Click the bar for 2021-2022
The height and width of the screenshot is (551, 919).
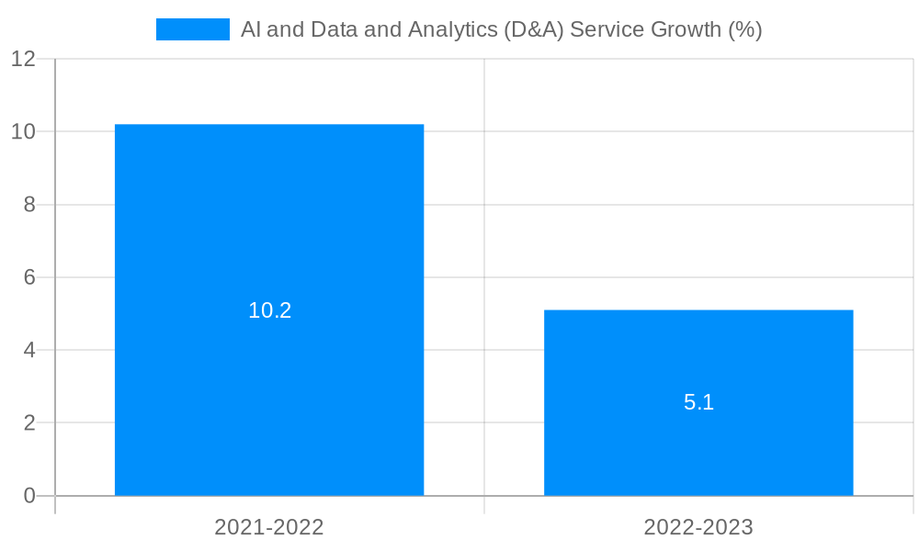pyautogui.click(x=269, y=230)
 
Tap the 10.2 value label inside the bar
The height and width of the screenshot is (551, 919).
pyautogui.click(x=269, y=310)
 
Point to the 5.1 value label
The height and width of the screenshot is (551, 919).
pyautogui.click(x=698, y=402)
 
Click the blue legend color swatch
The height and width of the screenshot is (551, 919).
pyautogui.click(x=192, y=29)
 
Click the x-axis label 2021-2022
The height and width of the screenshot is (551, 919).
pyautogui.click(x=269, y=527)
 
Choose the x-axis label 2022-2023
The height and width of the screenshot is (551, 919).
pyautogui.click(x=698, y=527)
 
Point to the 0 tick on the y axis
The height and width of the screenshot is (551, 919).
pyautogui.click(x=29, y=496)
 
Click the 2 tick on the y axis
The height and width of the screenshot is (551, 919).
pyautogui.click(x=29, y=423)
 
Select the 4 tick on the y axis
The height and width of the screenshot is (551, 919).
pyautogui.click(x=29, y=350)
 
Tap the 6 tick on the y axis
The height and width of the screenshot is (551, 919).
pyautogui.click(x=29, y=277)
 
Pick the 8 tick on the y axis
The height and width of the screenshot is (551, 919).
pyautogui.click(x=29, y=205)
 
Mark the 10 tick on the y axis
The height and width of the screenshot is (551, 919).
pyautogui.click(x=23, y=131)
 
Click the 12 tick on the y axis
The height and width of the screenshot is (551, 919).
pyautogui.click(x=23, y=59)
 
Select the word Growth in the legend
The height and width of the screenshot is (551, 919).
pyautogui.click(x=686, y=29)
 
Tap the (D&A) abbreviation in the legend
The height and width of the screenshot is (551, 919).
pyautogui.click(x=534, y=29)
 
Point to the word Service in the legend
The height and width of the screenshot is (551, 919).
pyautogui.click(x=607, y=29)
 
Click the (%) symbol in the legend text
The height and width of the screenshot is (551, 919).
pyautogui.click(x=745, y=29)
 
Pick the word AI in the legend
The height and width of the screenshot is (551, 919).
pyautogui.click(x=250, y=29)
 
